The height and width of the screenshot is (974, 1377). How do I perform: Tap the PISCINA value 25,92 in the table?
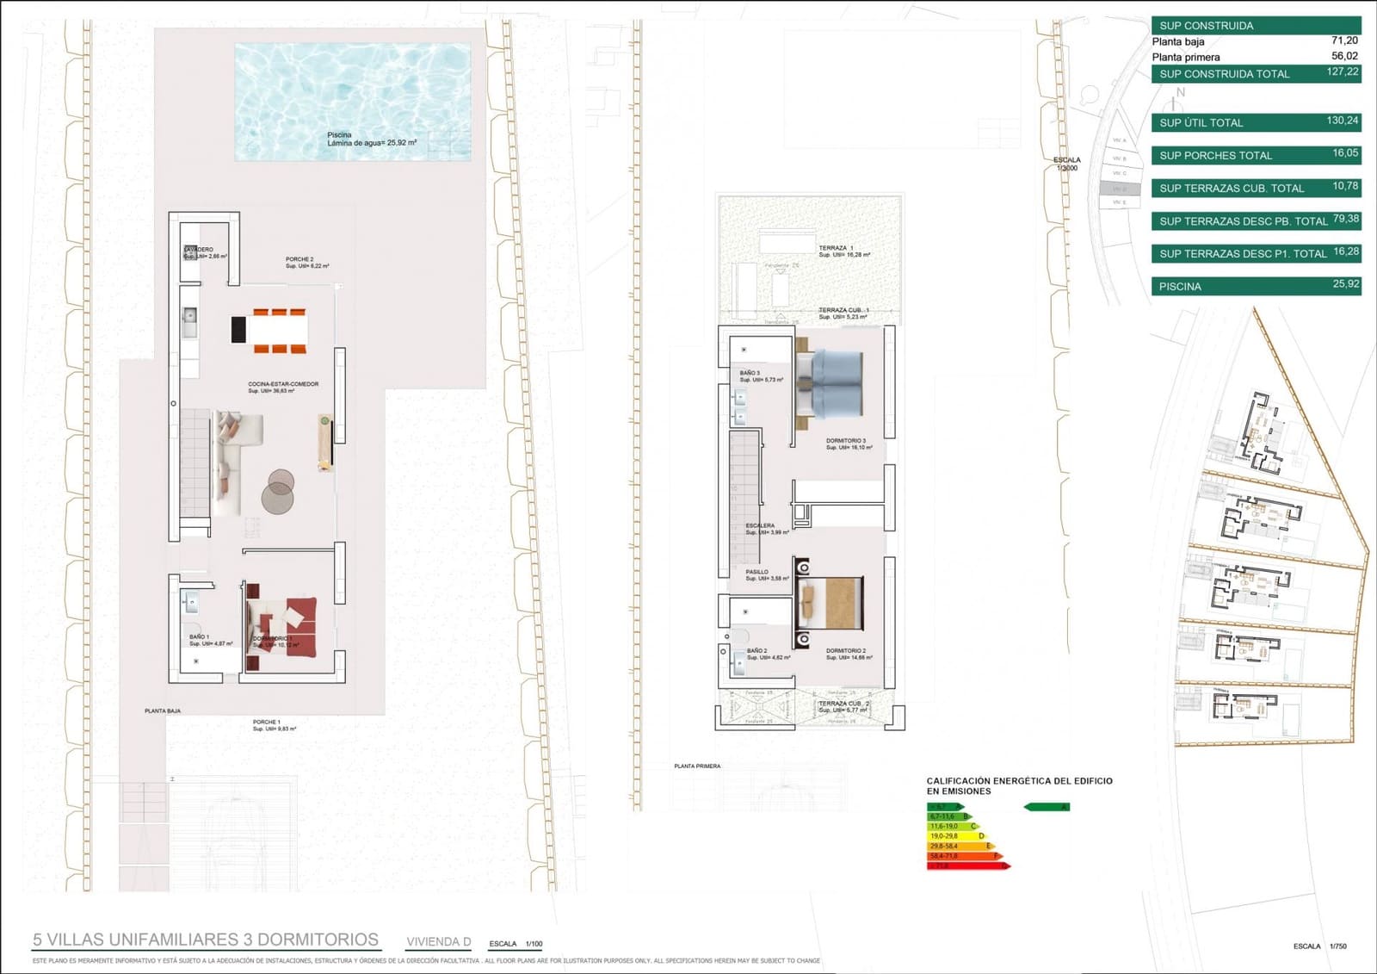click(x=1345, y=284)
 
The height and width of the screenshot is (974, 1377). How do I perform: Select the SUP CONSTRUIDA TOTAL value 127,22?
click(x=1342, y=72)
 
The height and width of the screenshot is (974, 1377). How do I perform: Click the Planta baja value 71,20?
click(x=1344, y=40)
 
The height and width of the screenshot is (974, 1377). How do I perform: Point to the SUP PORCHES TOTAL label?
click(x=1215, y=156)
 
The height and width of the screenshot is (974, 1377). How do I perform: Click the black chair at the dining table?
click(x=238, y=330)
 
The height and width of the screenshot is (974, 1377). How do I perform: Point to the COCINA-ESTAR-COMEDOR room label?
click(x=283, y=384)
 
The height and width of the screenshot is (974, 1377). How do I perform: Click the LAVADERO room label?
click(x=199, y=250)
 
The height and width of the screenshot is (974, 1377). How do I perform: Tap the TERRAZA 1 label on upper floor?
click(x=836, y=248)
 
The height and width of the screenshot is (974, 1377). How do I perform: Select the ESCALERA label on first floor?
click(x=760, y=525)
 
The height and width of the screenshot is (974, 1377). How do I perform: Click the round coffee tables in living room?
click(x=278, y=492)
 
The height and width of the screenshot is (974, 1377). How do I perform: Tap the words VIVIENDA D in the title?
click(x=438, y=941)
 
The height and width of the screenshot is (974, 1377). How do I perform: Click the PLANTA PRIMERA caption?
click(x=697, y=766)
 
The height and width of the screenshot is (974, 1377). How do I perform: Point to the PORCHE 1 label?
click(x=267, y=722)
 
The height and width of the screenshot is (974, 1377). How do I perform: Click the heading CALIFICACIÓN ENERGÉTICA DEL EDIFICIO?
click(x=1019, y=781)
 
